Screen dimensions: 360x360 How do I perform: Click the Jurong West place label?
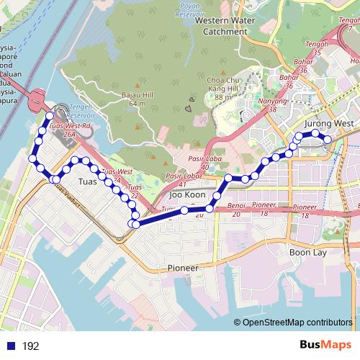[329, 124]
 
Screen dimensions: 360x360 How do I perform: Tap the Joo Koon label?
[186, 195]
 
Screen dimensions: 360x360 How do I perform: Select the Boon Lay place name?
[308, 253]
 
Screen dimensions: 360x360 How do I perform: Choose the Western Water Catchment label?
[225, 26]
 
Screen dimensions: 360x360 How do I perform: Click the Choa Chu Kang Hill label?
[222, 84]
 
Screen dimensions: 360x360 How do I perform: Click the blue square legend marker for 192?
[11, 346]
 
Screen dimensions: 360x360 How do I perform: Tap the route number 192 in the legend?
[30, 346]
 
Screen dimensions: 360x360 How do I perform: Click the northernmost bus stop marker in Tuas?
[50, 115]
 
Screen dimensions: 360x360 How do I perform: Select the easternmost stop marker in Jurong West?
[328, 139]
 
